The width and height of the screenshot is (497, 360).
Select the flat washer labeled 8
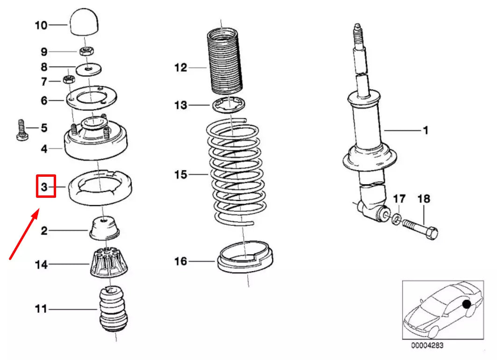pyautogui.click(x=88, y=69)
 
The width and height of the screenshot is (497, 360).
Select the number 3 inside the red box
pyautogui.click(x=46, y=187)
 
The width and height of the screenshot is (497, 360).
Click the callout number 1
pyautogui.click(x=425, y=130)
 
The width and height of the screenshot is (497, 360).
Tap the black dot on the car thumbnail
pyautogui.click(x=466, y=305)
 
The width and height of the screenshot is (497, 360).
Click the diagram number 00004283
pyautogui.click(x=427, y=346)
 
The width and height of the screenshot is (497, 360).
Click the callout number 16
pyautogui.click(x=180, y=261)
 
